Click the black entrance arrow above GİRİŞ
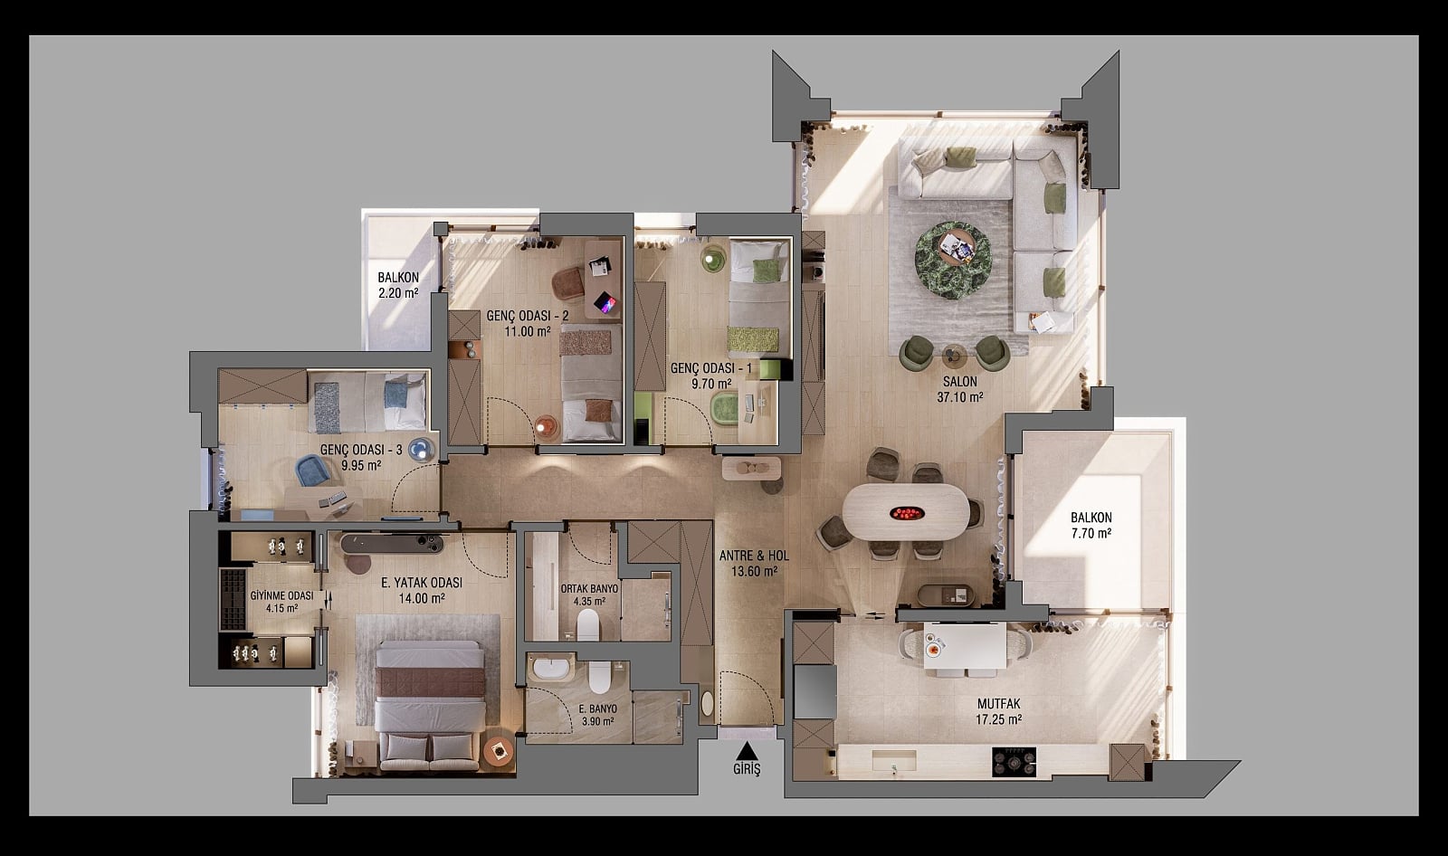(x=748, y=750)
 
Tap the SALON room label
(x=960, y=382)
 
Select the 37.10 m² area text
(x=960, y=397)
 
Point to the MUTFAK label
(x=999, y=703)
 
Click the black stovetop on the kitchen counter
(x=1014, y=762)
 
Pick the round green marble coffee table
(x=954, y=261)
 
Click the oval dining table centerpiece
(x=907, y=514)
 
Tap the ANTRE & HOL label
(x=754, y=556)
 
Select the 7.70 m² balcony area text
(x=1091, y=533)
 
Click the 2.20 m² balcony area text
(x=398, y=293)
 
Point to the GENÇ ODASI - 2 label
(x=528, y=316)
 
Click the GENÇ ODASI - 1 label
(x=711, y=368)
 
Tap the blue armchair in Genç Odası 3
(x=313, y=470)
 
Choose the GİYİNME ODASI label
(x=281, y=595)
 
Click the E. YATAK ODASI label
(x=422, y=583)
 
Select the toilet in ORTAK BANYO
(x=588, y=624)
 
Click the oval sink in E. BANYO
(x=550, y=670)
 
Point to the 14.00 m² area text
(x=422, y=599)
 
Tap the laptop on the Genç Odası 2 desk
(x=605, y=302)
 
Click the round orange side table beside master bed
(x=499, y=751)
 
